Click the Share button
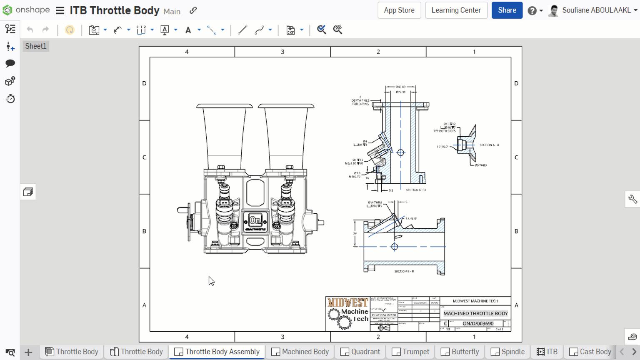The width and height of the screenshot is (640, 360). (x=507, y=10)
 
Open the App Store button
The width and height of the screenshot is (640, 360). (x=399, y=10)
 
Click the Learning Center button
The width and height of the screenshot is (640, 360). (x=456, y=10)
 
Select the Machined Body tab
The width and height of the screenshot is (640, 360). (x=300, y=352)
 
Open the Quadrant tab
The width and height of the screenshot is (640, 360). (x=360, y=352)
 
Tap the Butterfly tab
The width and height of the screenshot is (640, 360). (x=460, y=352)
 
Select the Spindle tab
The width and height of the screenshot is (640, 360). (x=507, y=352)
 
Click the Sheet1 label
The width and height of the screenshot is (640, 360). (x=36, y=46)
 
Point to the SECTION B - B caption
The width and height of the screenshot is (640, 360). (x=404, y=271)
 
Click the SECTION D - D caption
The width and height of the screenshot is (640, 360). (x=415, y=190)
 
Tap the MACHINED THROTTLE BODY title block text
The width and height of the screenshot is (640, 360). (x=475, y=313)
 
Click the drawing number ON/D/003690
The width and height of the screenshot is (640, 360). (x=478, y=323)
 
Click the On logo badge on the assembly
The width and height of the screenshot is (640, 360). (x=255, y=220)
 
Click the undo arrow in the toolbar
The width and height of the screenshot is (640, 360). (x=30, y=30)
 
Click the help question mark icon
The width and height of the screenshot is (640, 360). (x=532, y=11)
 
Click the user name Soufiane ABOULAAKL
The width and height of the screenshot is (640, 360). (x=596, y=10)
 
